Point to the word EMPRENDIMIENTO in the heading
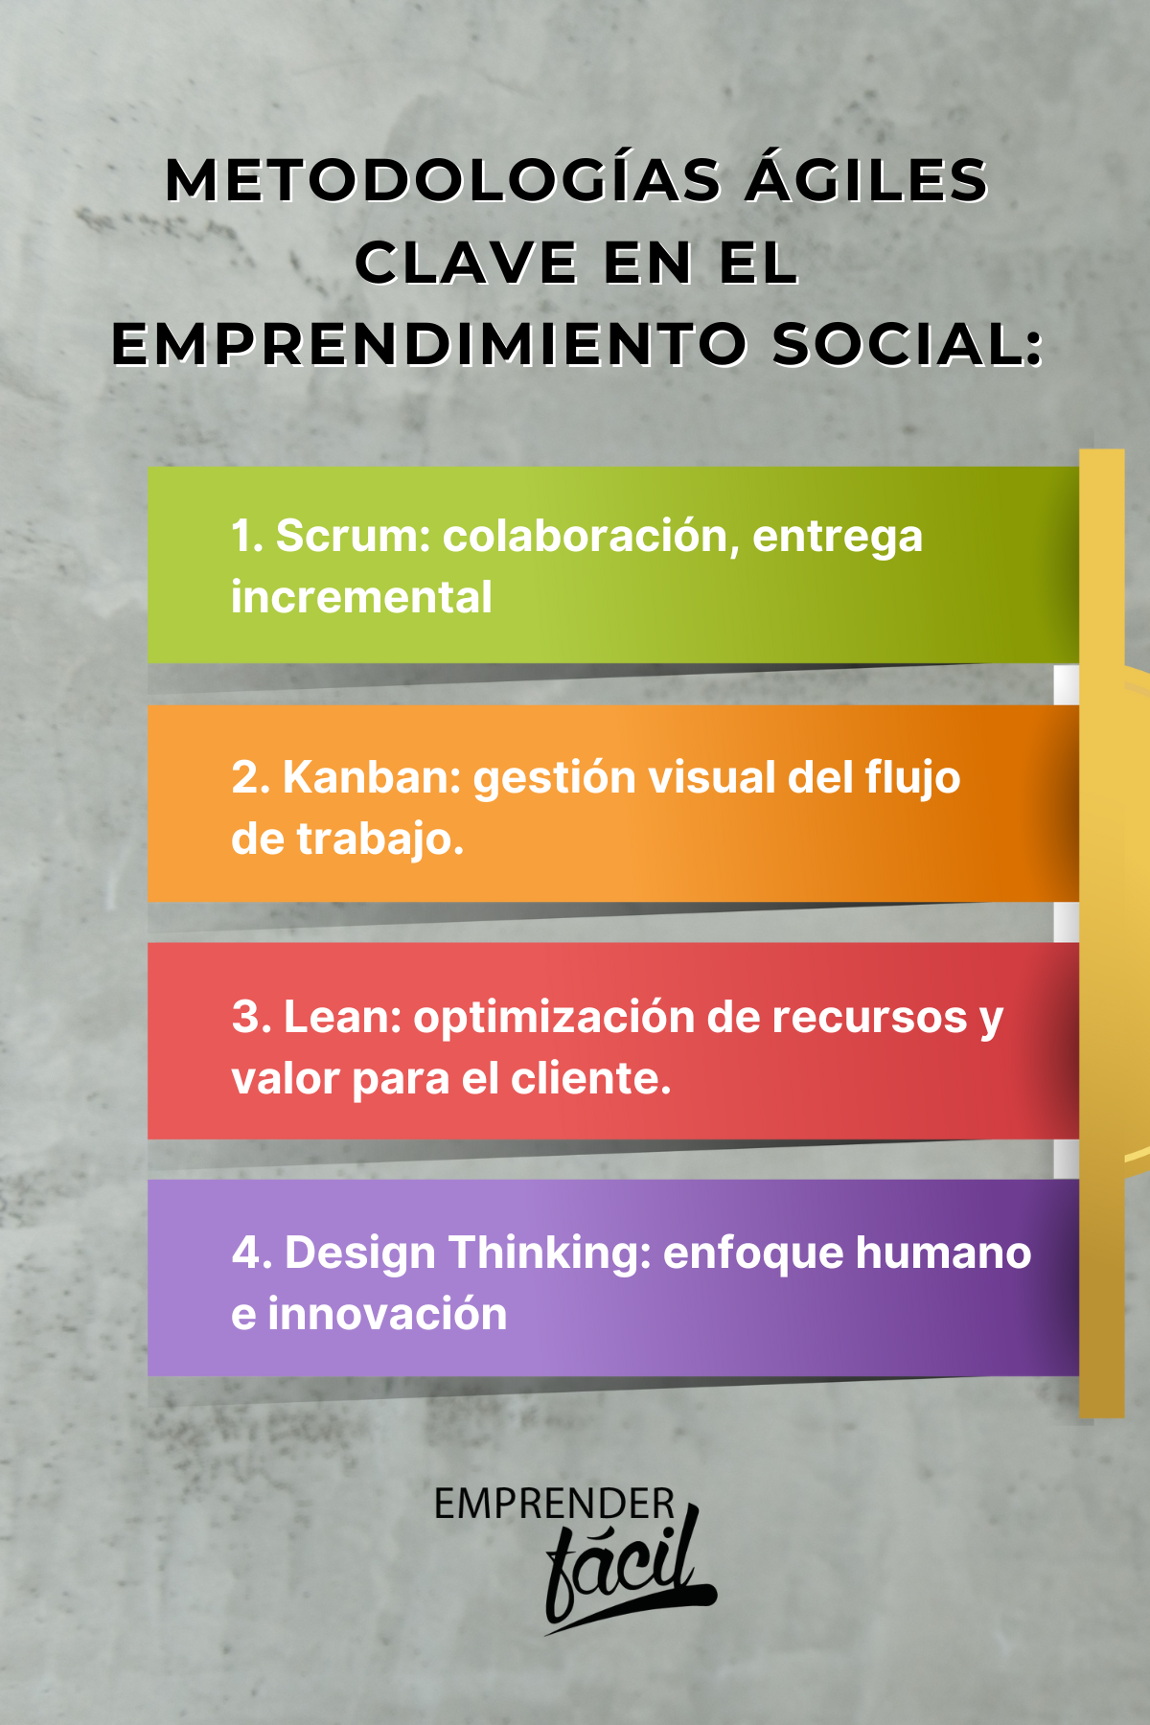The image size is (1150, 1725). point(428,346)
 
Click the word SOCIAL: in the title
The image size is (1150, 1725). point(907,346)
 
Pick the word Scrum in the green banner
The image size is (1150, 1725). point(354,536)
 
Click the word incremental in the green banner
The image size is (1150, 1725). point(361,597)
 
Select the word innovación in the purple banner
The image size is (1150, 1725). point(387,1313)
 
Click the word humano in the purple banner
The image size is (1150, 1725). point(943,1253)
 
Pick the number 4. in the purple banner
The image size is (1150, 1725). point(252,1253)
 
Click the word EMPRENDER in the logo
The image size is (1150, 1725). point(554,1505)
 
